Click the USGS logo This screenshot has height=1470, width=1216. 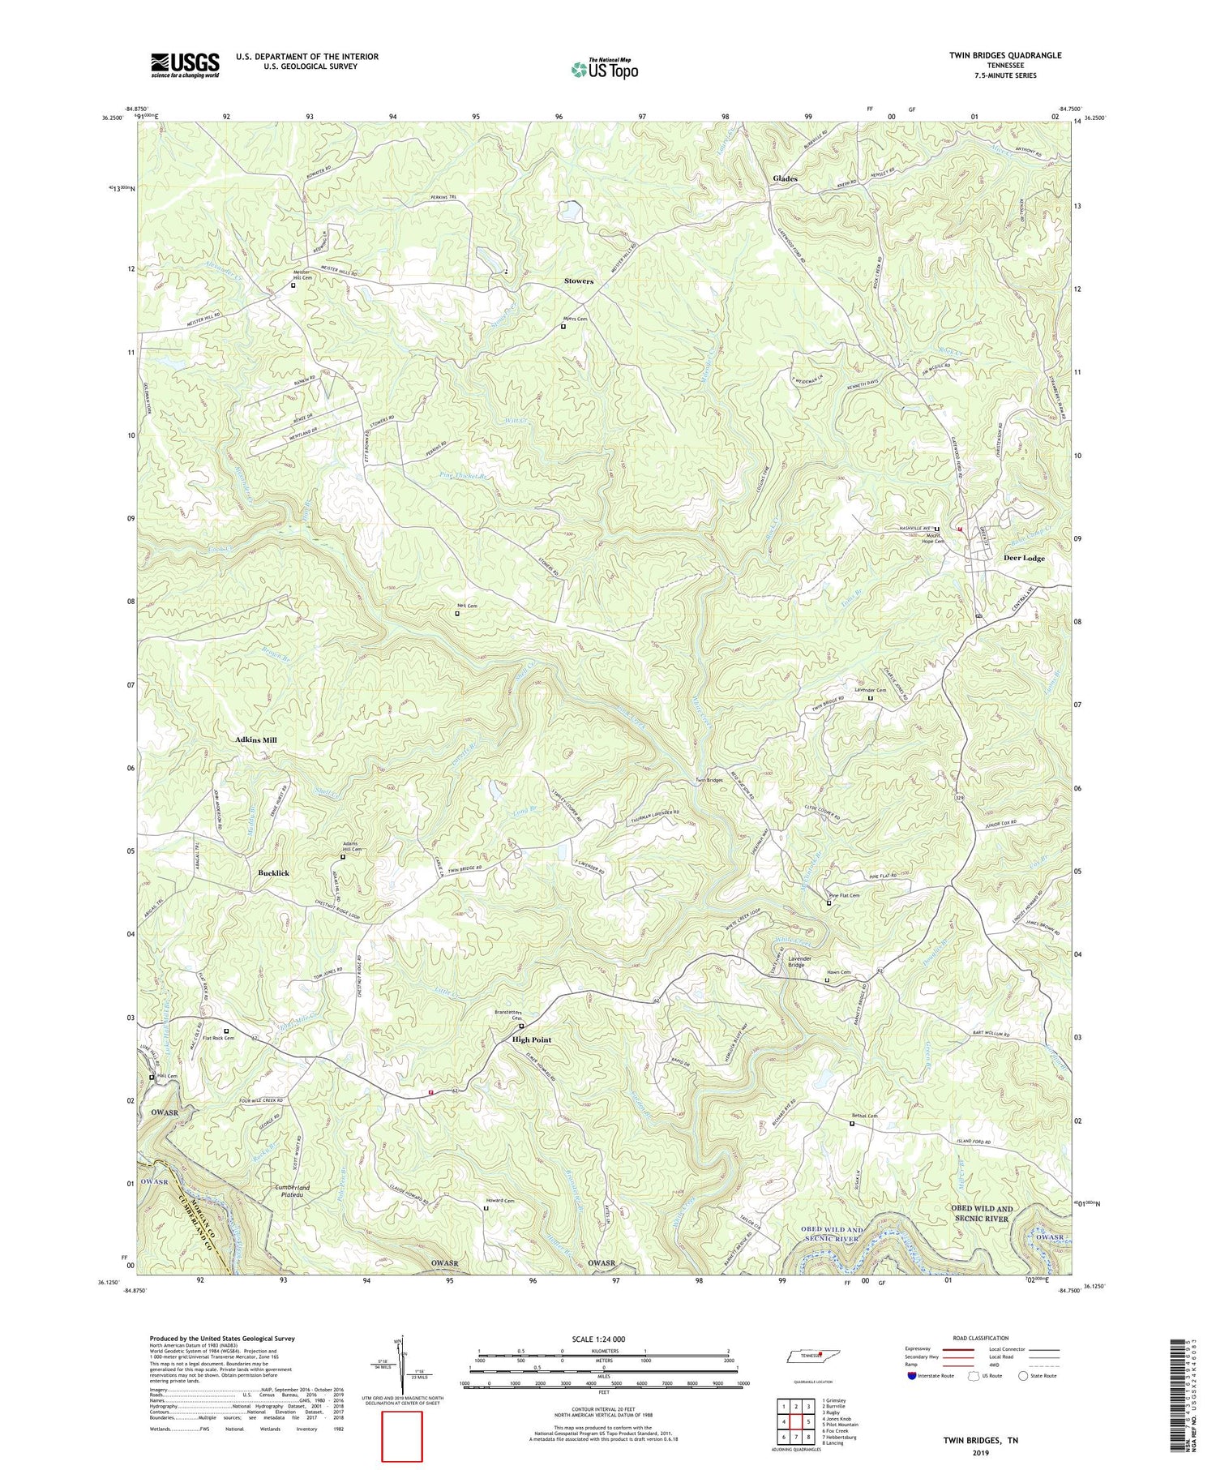coord(185,65)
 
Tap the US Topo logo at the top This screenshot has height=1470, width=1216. coord(604,70)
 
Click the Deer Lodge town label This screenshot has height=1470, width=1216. coord(1024,558)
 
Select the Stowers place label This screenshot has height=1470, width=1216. coord(579,281)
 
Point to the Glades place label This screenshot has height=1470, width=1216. coord(785,178)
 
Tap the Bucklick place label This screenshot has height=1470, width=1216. coord(273,873)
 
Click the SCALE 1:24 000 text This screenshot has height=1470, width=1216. coord(604,1339)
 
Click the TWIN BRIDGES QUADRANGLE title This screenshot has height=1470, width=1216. coord(1005,55)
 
